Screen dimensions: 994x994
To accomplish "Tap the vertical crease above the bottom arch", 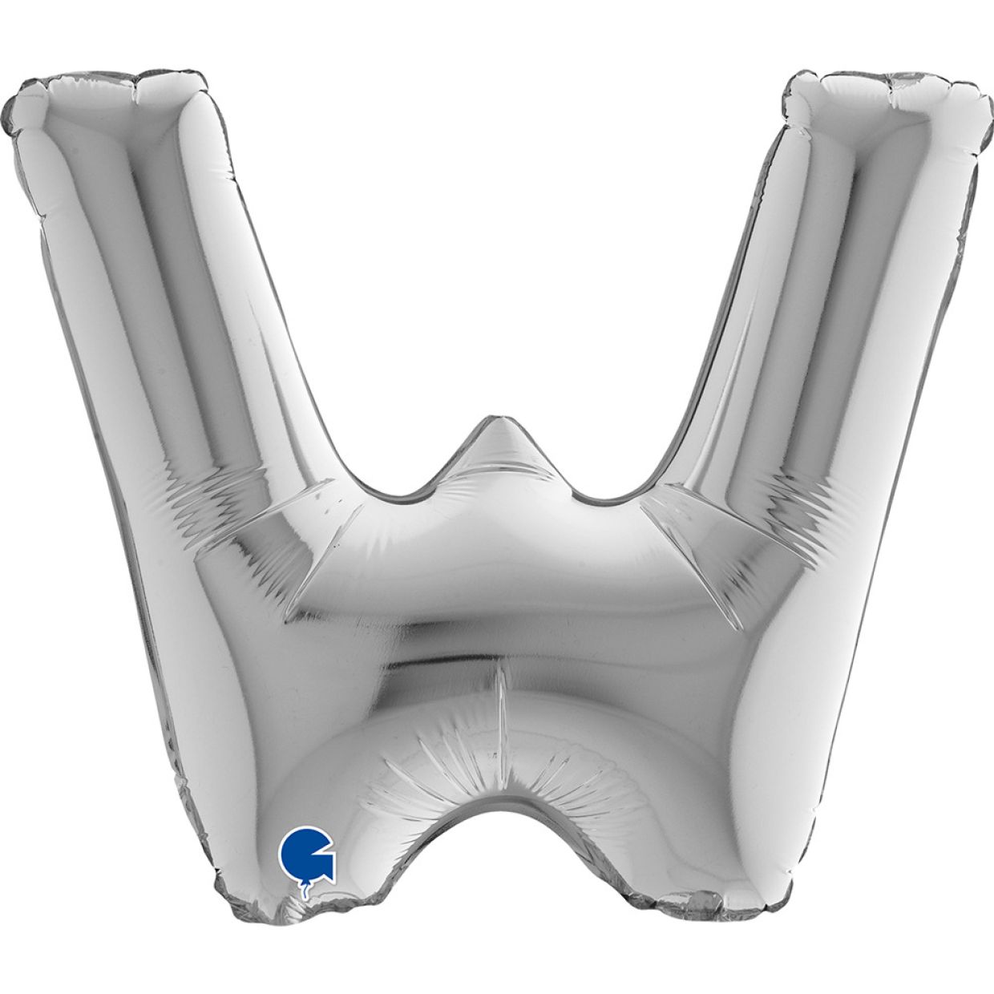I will tap(501, 705).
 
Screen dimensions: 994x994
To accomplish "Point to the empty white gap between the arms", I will tap(497, 240).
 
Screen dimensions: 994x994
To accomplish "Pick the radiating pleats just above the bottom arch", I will tap(481, 770).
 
